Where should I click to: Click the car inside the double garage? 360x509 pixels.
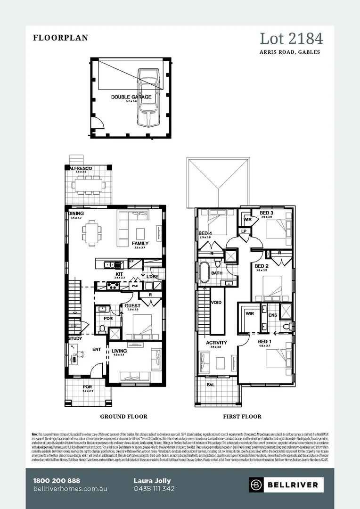[147, 98]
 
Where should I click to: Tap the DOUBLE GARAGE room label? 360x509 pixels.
[131, 97]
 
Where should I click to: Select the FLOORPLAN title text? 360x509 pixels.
[60, 38]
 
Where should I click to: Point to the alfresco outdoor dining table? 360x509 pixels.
[89, 185]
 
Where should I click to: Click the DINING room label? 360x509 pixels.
[76, 213]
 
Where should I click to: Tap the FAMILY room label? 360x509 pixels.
[140, 243]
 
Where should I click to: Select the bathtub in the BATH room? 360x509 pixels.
[204, 273]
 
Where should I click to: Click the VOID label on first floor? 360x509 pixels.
[216, 303]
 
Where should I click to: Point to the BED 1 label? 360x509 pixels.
[264, 341]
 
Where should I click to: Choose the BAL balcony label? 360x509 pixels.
[210, 385]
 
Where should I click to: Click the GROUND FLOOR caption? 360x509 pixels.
[123, 417]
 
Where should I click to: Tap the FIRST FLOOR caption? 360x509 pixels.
[242, 417]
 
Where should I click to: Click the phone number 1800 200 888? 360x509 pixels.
[57, 481]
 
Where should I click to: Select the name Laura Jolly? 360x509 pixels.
[152, 481]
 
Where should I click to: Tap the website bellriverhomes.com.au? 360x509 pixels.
[70, 489]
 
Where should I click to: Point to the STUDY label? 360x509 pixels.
[75, 338]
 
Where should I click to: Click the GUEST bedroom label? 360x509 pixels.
[132, 305]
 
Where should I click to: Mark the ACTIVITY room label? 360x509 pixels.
[216, 343]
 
